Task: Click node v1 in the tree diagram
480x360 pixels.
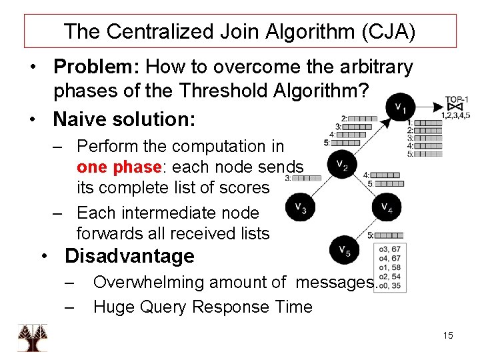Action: point(399,106)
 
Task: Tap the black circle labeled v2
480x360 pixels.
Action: point(341,165)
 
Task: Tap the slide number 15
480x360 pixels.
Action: point(447,335)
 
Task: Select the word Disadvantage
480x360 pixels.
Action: point(129,256)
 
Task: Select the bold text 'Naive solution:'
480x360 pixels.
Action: point(124,119)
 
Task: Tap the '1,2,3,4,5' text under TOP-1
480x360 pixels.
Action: point(455,115)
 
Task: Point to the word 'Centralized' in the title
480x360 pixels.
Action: point(163,31)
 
